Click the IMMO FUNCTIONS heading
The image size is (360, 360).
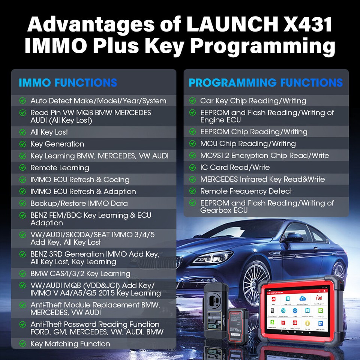click(x=68, y=82)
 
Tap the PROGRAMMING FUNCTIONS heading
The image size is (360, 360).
click(x=265, y=82)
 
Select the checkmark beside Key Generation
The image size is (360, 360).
click(x=23, y=144)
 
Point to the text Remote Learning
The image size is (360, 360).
click(x=60, y=168)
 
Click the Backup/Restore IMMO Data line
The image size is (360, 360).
click(x=79, y=203)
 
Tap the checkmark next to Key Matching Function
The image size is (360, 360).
click(x=23, y=343)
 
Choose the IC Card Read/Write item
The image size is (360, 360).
click(x=235, y=167)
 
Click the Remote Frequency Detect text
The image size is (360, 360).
click(x=246, y=191)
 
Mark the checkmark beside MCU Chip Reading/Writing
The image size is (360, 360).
click(x=193, y=144)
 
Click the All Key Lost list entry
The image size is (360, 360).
click(x=49, y=132)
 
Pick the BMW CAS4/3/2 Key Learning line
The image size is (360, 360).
click(x=80, y=273)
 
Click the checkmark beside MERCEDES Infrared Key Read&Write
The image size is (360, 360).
click(x=193, y=179)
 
